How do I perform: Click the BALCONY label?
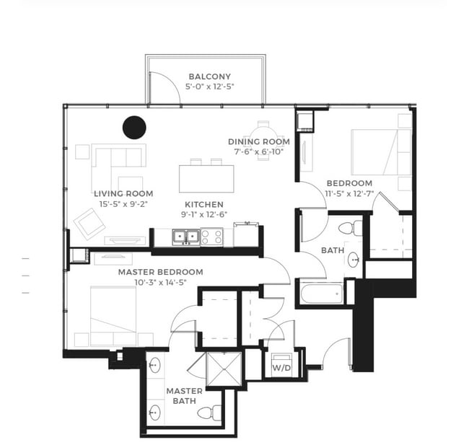pyautogui.click(x=209, y=76)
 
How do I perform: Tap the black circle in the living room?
pyautogui.click(x=134, y=128)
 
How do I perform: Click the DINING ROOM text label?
pyautogui.click(x=258, y=141)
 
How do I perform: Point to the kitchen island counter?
pyautogui.click(x=207, y=178)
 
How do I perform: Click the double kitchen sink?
pyautogui.click(x=183, y=236)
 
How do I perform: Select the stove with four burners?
pyautogui.click(x=211, y=236)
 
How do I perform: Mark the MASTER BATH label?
pyautogui.click(x=184, y=396)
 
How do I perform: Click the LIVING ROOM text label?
pyautogui.click(x=123, y=193)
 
